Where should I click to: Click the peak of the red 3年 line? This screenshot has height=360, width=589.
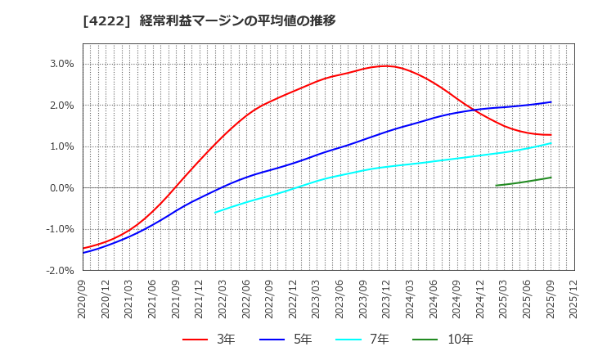coord(386,66)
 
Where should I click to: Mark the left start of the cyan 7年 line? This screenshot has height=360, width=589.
coord(215,213)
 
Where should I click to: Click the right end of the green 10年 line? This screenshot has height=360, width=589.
coord(551,178)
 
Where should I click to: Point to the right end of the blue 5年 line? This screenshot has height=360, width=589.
coord(551,102)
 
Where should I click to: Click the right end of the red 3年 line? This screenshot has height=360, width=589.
coord(551,135)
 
